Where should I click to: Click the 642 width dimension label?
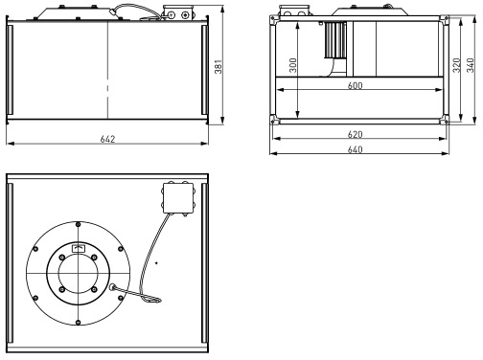click(107, 139)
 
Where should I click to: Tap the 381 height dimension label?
click(218, 66)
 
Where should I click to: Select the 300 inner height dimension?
click(293, 65)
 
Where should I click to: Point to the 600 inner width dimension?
click(355, 85)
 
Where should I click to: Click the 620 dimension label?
click(355, 134)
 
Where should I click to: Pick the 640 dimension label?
click(355, 149)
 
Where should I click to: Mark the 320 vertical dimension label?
click(457, 65)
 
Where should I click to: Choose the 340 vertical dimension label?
click(471, 65)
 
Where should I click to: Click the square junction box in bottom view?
click(178, 198)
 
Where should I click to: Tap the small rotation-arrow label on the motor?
click(79, 248)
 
